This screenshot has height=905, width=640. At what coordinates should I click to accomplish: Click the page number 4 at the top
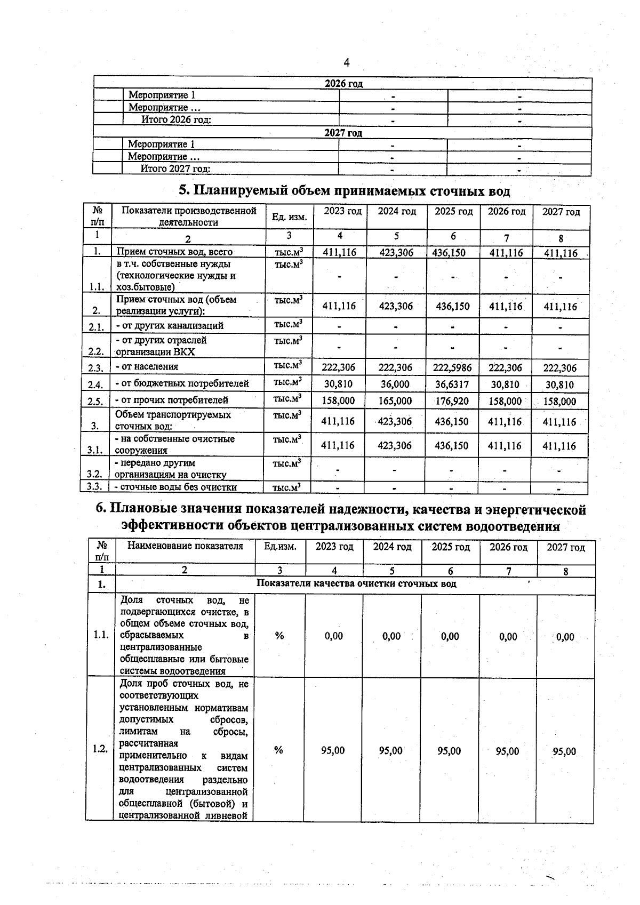347,63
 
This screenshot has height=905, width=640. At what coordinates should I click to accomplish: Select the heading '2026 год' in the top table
343,84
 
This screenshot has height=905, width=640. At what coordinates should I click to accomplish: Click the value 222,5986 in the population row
452,367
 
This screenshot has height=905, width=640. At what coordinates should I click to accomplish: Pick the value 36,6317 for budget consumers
452,385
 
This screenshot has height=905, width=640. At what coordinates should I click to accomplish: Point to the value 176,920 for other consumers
452,401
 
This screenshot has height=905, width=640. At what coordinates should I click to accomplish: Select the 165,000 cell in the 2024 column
395,401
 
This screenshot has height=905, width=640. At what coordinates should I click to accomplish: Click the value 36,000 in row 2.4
395,385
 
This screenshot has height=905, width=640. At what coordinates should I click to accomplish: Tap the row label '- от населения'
147,366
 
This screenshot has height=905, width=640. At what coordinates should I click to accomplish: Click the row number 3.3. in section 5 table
94,486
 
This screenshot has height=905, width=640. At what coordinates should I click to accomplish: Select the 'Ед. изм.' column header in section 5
289,217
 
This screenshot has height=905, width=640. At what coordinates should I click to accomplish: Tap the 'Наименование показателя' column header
185,546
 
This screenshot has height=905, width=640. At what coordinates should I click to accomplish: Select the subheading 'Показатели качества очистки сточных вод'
356,583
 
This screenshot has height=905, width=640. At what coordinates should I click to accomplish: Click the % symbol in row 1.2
278,750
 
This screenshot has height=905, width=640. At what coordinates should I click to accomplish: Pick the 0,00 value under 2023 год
334,636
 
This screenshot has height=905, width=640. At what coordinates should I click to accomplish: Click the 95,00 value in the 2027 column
564,751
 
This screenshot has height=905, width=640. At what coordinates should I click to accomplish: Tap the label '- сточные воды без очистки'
176,486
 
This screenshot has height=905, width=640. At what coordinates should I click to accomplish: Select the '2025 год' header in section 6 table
450,547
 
